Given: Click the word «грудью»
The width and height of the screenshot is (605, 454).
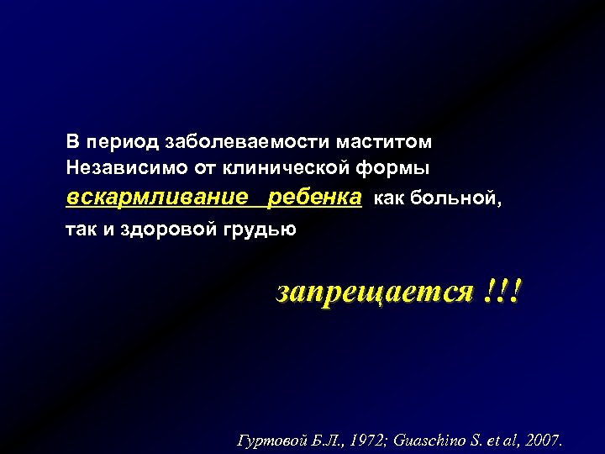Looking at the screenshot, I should (262, 228).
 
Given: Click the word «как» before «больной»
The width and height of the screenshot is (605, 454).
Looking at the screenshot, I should (387, 198).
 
